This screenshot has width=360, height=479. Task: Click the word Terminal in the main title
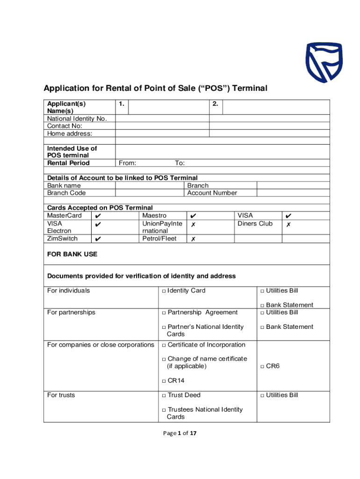pyautogui.click(x=246, y=88)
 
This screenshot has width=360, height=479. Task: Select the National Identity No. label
pyautogui.click(x=77, y=118)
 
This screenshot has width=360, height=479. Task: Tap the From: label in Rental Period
pyautogui.click(x=128, y=163)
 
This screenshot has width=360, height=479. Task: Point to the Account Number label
pyautogui.click(x=212, y=193)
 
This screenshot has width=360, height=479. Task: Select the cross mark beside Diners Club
pyautogui.click(x=288, y=224)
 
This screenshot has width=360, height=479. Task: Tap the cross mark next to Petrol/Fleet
pyautogui.click(x=193, y=239)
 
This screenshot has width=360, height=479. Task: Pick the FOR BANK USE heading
pyautogui.click(x=72, y=254)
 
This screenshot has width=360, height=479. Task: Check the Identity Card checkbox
pyautogui.click(x=164, y=291)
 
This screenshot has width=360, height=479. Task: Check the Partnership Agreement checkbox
pyautogui.click(x=164, y=313)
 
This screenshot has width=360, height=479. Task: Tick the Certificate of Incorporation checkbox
pyautogui.click(x=164, y=345)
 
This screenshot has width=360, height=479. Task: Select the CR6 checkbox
pyautogui.click(x=262, y=366)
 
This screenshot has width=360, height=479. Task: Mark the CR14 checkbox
pyautogui.click(x=164, y=381)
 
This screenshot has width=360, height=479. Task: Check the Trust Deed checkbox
pyautogui.click(x=164, y=396)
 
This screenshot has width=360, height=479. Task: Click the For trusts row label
pyautogui.click(x=61, y=395)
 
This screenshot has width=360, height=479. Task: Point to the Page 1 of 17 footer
pyautogui.click(x=180, y=433)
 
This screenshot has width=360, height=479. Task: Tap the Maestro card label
pyautogui.click(x=154, y=216)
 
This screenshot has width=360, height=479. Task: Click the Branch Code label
pyautogui.click(x=66, y=193)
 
